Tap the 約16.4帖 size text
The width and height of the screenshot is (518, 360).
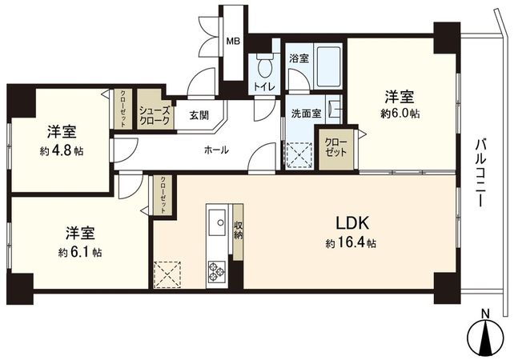pyautogui.click(x=351, y=244)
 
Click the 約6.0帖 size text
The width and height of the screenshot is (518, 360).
pyautogui.click(x=400, y=114)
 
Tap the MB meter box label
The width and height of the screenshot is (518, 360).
pyautogui.click(x=232, y=42)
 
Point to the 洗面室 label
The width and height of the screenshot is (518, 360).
pyautogui.click(x=305, y=114)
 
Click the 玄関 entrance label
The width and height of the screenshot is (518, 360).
pyautogui.click(x=199, y=115)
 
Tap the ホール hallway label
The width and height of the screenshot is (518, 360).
pyautogui.click(x=216, y=150)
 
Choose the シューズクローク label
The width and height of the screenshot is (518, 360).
pyautogui.click(x=154, y=115)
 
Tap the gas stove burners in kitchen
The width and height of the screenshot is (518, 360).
pyautogui.click(x=217, y=270)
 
